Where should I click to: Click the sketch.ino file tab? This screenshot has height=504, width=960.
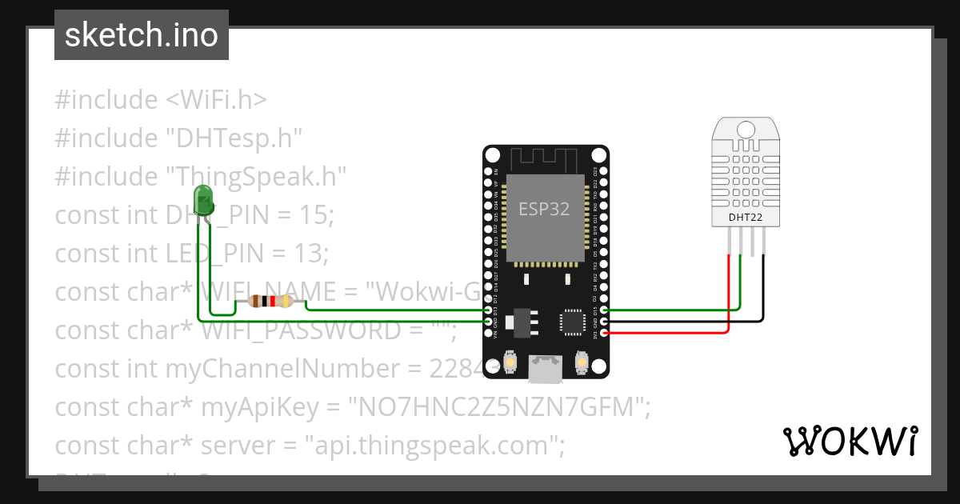[142, 35]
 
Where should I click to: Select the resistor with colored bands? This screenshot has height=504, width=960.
[273, 302]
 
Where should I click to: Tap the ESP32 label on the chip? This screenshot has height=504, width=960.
[544, 209]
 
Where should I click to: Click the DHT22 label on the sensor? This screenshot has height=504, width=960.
[744, 217]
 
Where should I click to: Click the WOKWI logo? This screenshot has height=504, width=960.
[850, 441]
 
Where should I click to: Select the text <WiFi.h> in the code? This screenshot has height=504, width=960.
[216, 100]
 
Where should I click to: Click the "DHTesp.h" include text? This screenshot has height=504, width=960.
[234, 138]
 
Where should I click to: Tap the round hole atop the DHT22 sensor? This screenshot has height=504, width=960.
[745, 128]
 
